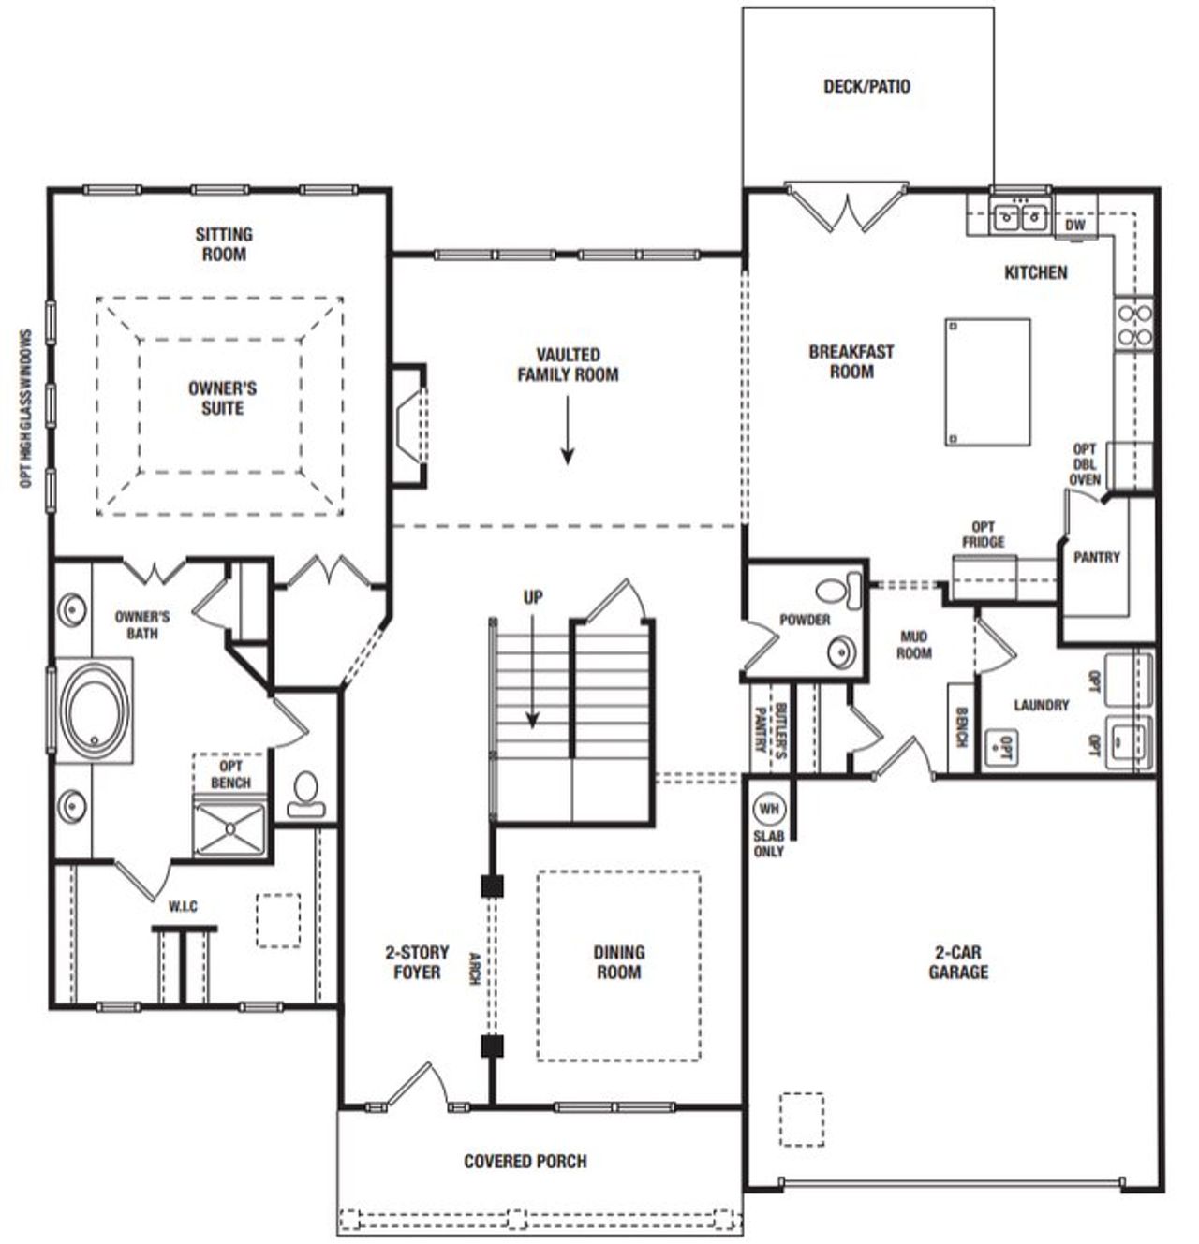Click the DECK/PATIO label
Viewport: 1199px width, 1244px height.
point(866,87)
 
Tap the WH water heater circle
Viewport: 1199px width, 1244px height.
point(768,809)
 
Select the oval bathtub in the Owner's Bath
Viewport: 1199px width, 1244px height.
point(95,710)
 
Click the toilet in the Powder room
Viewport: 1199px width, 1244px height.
point(840,590)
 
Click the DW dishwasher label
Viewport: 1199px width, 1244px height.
point(1075,226)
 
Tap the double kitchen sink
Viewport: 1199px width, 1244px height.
point(1019,217)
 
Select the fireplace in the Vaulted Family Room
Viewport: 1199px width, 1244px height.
point(409,426)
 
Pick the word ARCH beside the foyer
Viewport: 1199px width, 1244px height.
point(474,969)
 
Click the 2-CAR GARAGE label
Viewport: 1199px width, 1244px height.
point(958,962)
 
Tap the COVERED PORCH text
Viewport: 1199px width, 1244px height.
point(525,1162)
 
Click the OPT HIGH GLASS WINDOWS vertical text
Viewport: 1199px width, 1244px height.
point(25,408)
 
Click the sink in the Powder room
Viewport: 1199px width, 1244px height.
point(842,651)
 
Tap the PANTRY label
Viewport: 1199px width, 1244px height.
point(1096,557)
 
